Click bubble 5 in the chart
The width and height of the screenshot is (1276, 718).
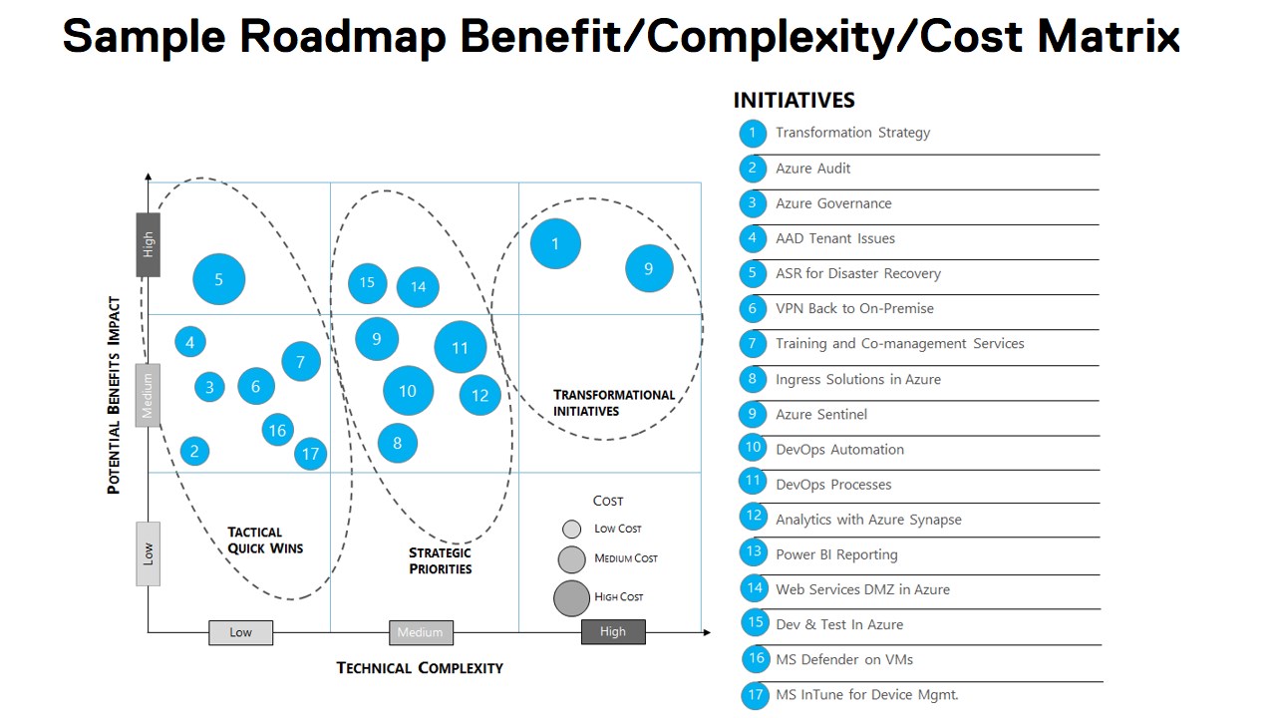coord(218,279)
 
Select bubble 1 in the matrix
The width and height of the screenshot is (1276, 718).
coord(555,243)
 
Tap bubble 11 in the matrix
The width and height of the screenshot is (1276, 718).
coord(460,348)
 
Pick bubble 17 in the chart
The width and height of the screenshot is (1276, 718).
coord(311,454)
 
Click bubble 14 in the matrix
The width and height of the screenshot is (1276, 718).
coord(418,287)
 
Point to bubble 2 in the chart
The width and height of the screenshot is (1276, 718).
coord(194,451)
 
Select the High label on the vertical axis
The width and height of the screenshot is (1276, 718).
coord(149,244)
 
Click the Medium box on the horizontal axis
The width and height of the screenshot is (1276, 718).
coord(421,632)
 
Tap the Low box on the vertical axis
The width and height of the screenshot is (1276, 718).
coord(149,553)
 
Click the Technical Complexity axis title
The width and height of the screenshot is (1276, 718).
coord(420,667)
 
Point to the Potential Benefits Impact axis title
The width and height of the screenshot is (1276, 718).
coord(114,395)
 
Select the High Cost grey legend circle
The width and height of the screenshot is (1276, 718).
coord(572,597)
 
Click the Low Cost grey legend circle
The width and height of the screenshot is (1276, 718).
coord(571,529)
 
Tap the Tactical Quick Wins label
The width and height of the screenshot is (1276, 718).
coord(265,540)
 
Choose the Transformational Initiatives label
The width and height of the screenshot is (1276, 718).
coord(614,403)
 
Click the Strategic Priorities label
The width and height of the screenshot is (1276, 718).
coord(440,560)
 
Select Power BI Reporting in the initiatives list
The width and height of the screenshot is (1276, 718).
coord(836,554)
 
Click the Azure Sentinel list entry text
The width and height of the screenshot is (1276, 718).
coord(821,414)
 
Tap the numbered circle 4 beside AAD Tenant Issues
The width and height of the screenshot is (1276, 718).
coord(753,238)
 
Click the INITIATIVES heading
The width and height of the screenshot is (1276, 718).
coord(794,100)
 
